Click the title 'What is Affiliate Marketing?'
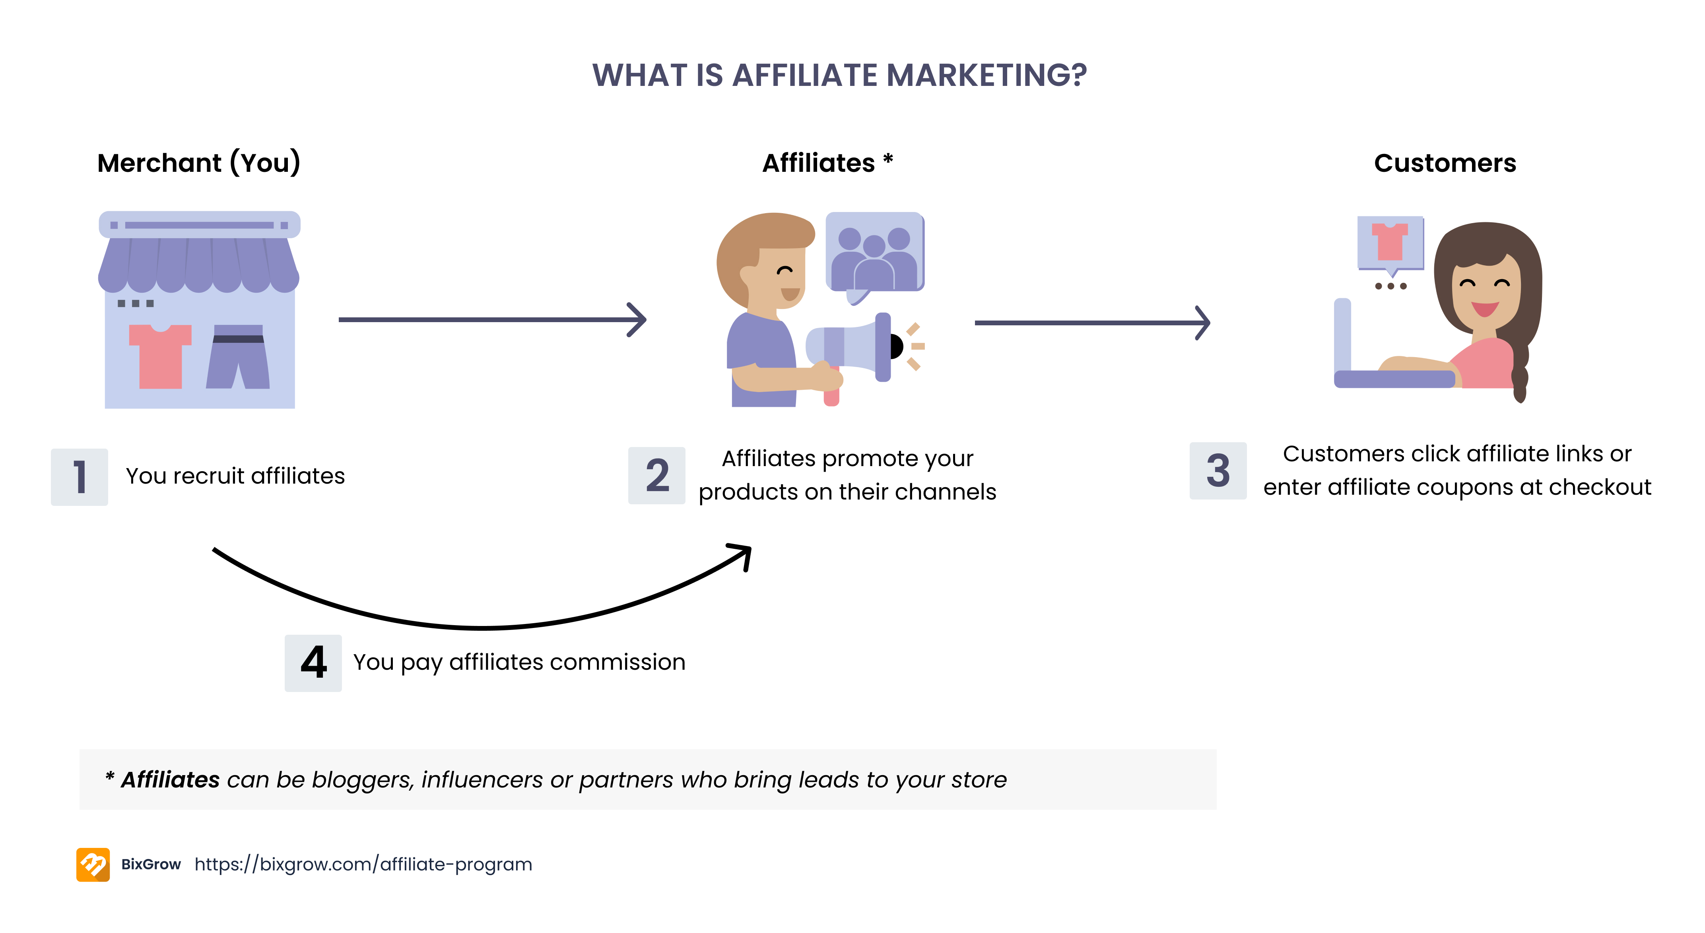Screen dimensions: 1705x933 (x=839, y=75)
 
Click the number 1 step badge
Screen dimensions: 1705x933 (x=80, y=477)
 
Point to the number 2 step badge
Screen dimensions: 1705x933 (x=656, y=475)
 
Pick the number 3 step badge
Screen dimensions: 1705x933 (x=1218, y=471)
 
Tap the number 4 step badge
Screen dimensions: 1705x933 (x=313, y=663)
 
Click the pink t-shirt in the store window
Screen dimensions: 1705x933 (x=160, y=356)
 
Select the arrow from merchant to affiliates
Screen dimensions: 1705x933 (x=492, y=320)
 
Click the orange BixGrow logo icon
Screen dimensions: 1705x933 (x=93, y=864)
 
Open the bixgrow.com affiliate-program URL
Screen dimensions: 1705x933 (x=363, y=864)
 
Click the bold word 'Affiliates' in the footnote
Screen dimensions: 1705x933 (x=170, y=779)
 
